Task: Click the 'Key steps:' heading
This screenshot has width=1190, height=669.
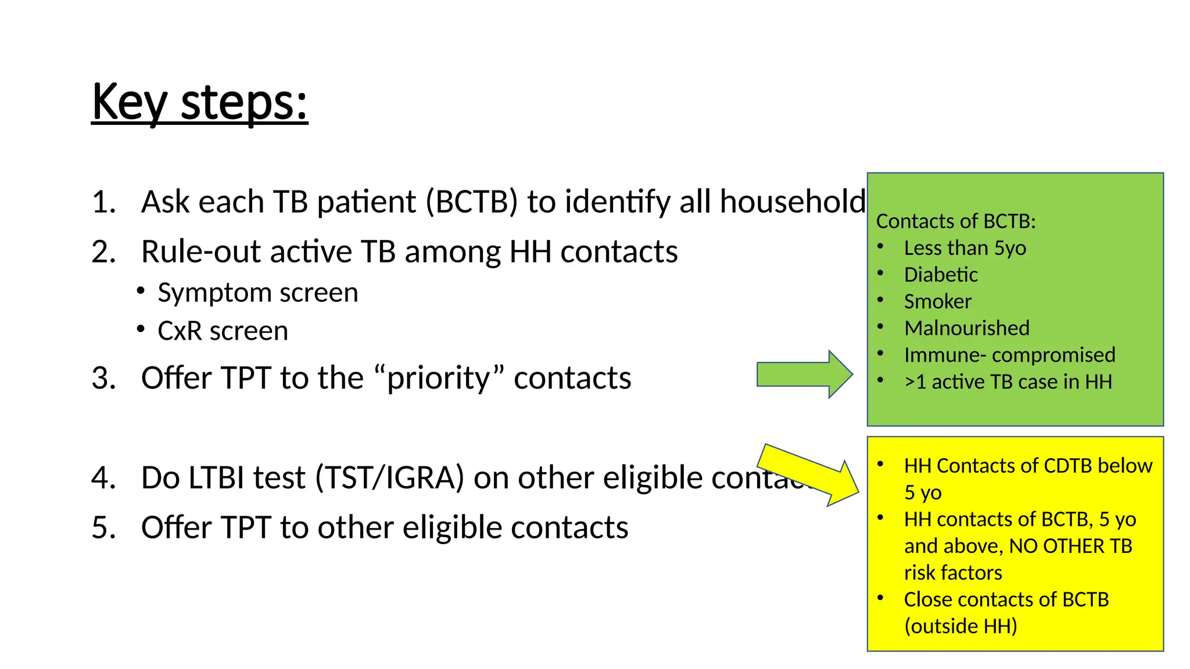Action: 199,102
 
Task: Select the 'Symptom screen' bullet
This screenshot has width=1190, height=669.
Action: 257,293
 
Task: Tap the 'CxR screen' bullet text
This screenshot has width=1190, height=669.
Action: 223,331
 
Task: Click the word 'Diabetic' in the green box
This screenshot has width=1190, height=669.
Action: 941,275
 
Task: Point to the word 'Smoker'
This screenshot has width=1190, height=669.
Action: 937,301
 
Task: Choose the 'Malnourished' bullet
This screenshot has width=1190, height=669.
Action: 966,328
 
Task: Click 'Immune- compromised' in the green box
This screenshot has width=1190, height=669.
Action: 1009,355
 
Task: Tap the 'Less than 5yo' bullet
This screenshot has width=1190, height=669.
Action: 965,248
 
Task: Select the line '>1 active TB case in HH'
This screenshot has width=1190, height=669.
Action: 1008,382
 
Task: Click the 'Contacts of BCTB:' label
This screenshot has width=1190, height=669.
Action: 956,221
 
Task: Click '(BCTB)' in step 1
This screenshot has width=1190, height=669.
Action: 471,202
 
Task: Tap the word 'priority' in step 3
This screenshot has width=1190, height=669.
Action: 439,378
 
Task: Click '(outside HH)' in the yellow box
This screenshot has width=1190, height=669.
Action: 960,626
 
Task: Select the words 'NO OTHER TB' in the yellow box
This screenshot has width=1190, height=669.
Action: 1070,546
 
